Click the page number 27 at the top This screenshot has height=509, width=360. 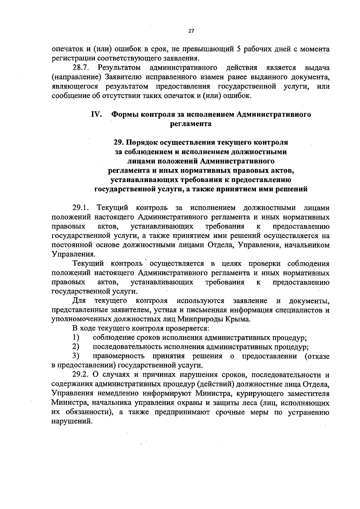191,31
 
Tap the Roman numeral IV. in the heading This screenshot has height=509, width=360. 97,114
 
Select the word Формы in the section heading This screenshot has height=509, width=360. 125,114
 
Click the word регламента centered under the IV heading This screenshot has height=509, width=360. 191,124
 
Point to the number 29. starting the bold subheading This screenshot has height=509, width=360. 119,142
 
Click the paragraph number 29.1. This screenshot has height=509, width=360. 81,208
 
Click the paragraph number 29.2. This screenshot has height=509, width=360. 81,375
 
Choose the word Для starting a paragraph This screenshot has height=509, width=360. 79,300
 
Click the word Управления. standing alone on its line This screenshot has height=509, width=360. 74,254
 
